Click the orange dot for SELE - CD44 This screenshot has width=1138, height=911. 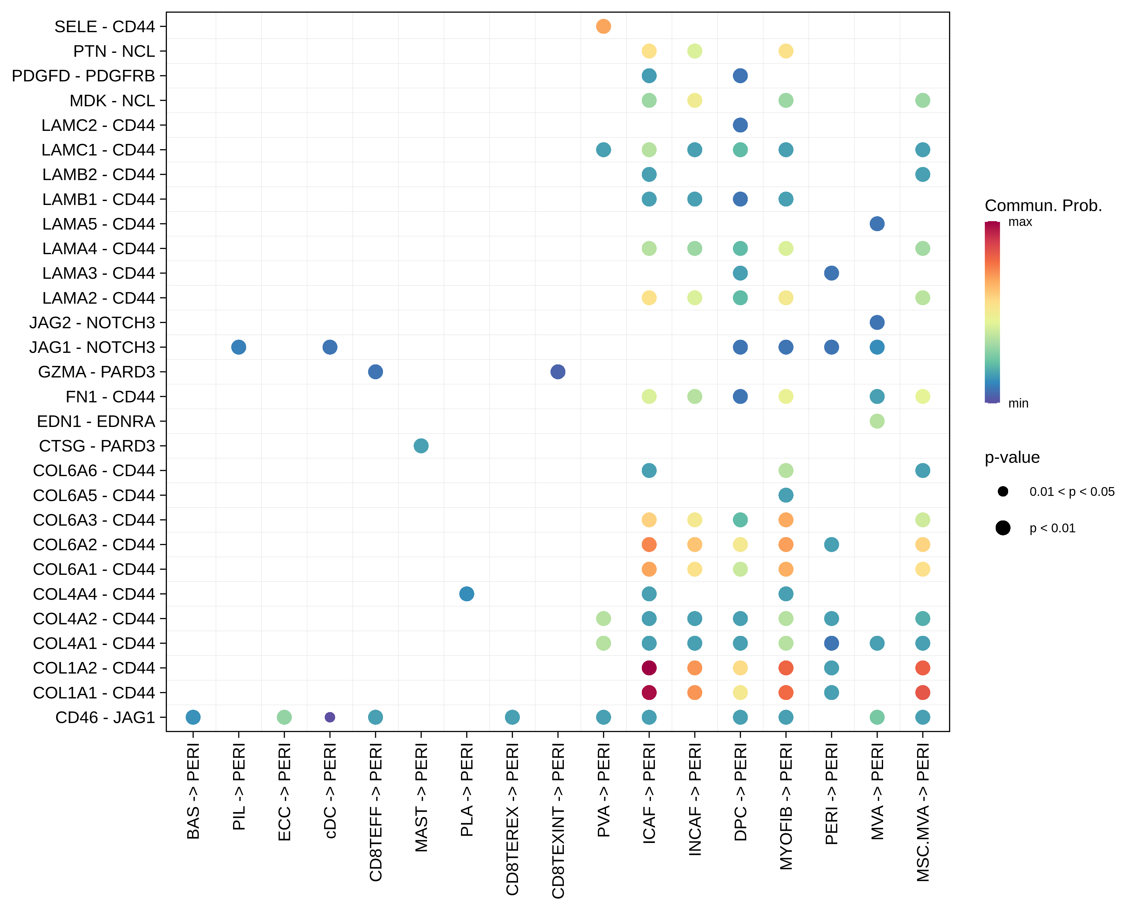tap(603, 26)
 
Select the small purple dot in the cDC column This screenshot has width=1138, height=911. tap(330, 717)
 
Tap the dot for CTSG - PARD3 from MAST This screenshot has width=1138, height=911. tap(421, 446)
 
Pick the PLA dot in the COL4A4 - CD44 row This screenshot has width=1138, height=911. tap(467, 594)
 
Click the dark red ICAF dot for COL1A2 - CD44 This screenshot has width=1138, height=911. tap(649, 668)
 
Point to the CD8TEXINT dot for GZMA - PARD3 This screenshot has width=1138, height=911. tap(558, 372)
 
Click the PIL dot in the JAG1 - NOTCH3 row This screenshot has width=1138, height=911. tap(239, 347)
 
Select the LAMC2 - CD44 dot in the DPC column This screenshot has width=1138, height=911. tap(740, 125)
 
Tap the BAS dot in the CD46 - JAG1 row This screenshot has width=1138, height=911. tap(193, 717)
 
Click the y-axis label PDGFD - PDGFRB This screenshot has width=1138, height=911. tap(83, 76)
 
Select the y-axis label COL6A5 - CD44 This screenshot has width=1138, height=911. tap(94, 495)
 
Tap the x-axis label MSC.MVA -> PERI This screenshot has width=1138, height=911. tap(923, 812)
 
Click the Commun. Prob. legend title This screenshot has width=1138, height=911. tap(1043, 206)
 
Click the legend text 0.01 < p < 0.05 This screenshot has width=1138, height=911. tap(1072, 492)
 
